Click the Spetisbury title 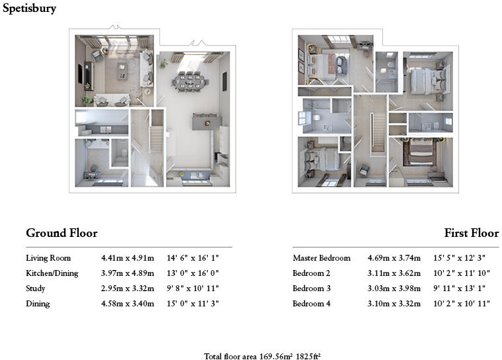click(x=29, y=9)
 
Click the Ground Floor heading click(x=62, y=233)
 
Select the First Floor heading click(x=472, y=233)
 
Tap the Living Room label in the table click(x=48, y=258)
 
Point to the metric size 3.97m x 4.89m click(x=127, y=273)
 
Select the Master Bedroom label click(x=321, y=258)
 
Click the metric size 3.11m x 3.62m click(x=394, y=273)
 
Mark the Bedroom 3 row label click(x=312, y=289)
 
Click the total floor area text click(x=263, y=356)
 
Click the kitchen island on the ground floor click(x=206, y=122)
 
